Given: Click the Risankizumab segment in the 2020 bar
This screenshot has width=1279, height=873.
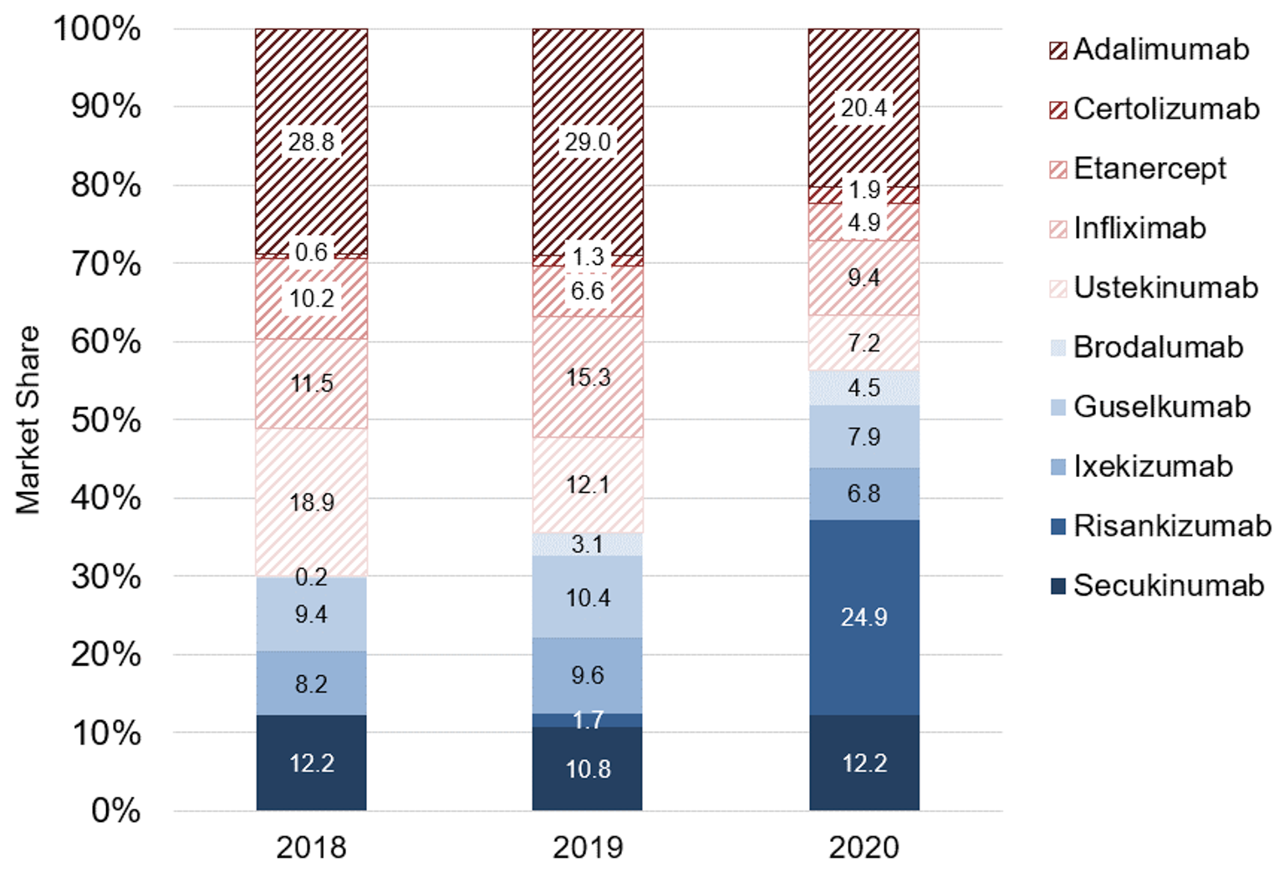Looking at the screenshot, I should pos(864,617).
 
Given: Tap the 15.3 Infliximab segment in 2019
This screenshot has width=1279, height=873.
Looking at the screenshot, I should pos(588,377).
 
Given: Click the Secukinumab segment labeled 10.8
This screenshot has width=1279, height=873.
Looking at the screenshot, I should pos(588,769).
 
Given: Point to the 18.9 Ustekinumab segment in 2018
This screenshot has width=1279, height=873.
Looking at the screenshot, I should pos(311,502).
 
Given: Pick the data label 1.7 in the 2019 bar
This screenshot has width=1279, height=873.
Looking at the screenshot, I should pos(588,719).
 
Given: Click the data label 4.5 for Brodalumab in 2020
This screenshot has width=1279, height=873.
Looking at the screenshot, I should pos(864,388).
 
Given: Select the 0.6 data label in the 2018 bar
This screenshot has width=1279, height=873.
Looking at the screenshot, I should pos(311,252).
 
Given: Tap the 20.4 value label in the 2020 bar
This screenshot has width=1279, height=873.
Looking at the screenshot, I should pos(864,108).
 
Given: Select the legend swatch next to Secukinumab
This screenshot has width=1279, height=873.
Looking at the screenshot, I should pos(1058,586).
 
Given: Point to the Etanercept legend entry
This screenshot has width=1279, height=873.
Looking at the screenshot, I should pos(1149,169).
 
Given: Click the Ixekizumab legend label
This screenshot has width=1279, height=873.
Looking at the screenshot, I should pos(1153,466).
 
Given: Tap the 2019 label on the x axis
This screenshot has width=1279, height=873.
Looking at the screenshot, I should pos(588,847).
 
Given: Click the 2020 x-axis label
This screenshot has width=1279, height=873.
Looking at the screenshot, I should pos(864,847).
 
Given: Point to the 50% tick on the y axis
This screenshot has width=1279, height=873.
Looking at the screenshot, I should pos(105,419).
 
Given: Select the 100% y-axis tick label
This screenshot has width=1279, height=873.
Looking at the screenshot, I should pos(97,28).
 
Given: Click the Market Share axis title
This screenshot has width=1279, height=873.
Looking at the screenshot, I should pos(28,419).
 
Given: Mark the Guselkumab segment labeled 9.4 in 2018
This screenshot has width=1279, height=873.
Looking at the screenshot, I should pos(311,614).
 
